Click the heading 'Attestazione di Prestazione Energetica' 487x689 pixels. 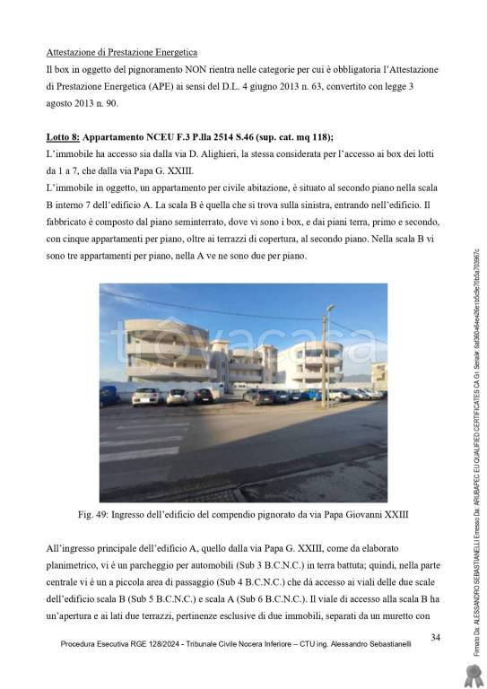tap(122, 53)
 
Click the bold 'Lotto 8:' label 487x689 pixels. tap(65, 137)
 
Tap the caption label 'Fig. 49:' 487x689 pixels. tap(98, 515)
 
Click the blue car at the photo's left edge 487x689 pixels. tap(108, 396)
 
